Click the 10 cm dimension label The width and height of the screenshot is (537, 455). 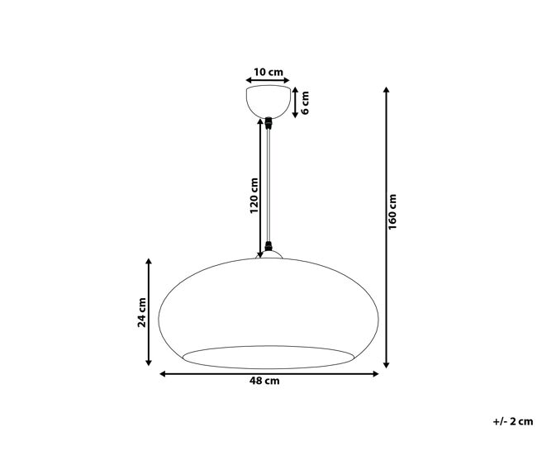click(x=268, y=72)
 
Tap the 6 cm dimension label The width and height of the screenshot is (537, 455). click(x=305, y=102)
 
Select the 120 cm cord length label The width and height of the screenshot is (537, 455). click(x=254, y=196)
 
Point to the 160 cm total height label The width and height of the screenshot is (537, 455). click(x=392, y=211)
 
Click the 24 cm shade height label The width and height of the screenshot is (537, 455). click(x=142, y=312)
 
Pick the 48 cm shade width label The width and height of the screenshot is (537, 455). click(x=264, y=381)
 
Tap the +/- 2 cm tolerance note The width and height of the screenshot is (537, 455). click(x=513, y=421)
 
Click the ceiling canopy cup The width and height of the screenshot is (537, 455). click(x=268, y=102)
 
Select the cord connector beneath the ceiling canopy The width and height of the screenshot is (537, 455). click(x=268, y=123)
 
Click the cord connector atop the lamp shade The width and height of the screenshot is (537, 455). click(x=268, y=246)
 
